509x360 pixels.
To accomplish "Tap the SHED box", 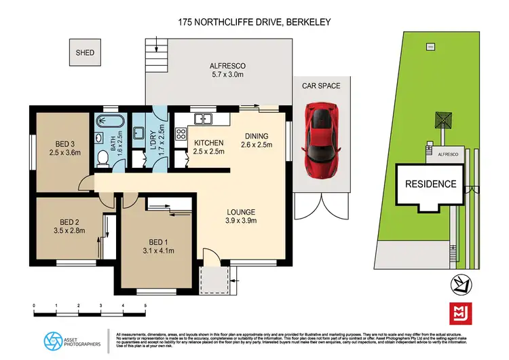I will point(85,52).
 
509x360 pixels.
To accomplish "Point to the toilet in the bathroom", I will point(102,158).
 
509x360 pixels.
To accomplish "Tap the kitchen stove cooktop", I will point(181,134).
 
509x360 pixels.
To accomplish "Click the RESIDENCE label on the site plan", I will point(431,184).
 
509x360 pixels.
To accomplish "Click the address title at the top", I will point(254,22).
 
